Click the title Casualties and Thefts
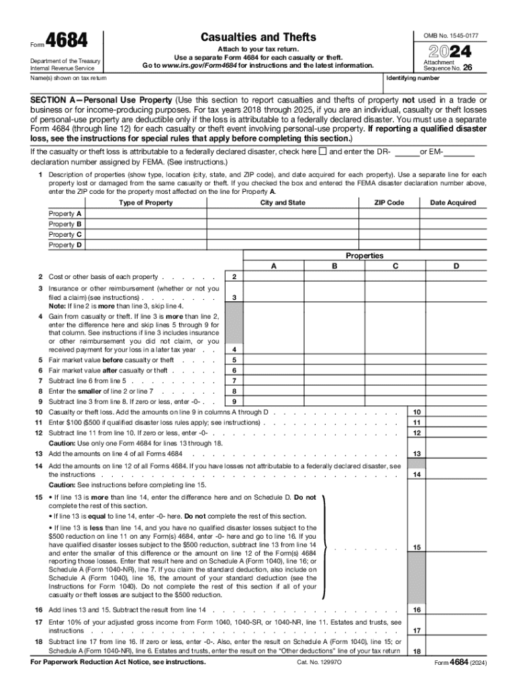pyautogui.click(x=258, y=37)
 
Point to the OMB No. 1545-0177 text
pyautogui.click(x=446, y=34)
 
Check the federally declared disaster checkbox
pyautogui.click(x=322, y=152)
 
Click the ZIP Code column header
pyautogui.click(x=389, y=203)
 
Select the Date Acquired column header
pyautogui.click(x=453, y=203)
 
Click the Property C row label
pyautogui.click(x=66, y=234)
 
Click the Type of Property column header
pyautogui.click(x=145, y=203)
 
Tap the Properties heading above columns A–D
pyautogui.click(x=365, y=256)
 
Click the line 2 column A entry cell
pyautogui.click(x=273, y=277)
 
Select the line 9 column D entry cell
pyautogui.click(x=457, y=402)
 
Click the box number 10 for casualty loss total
pyautogui.click(x=417, y=412)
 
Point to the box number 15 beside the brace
pyautogui.click(x=417, y=547)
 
